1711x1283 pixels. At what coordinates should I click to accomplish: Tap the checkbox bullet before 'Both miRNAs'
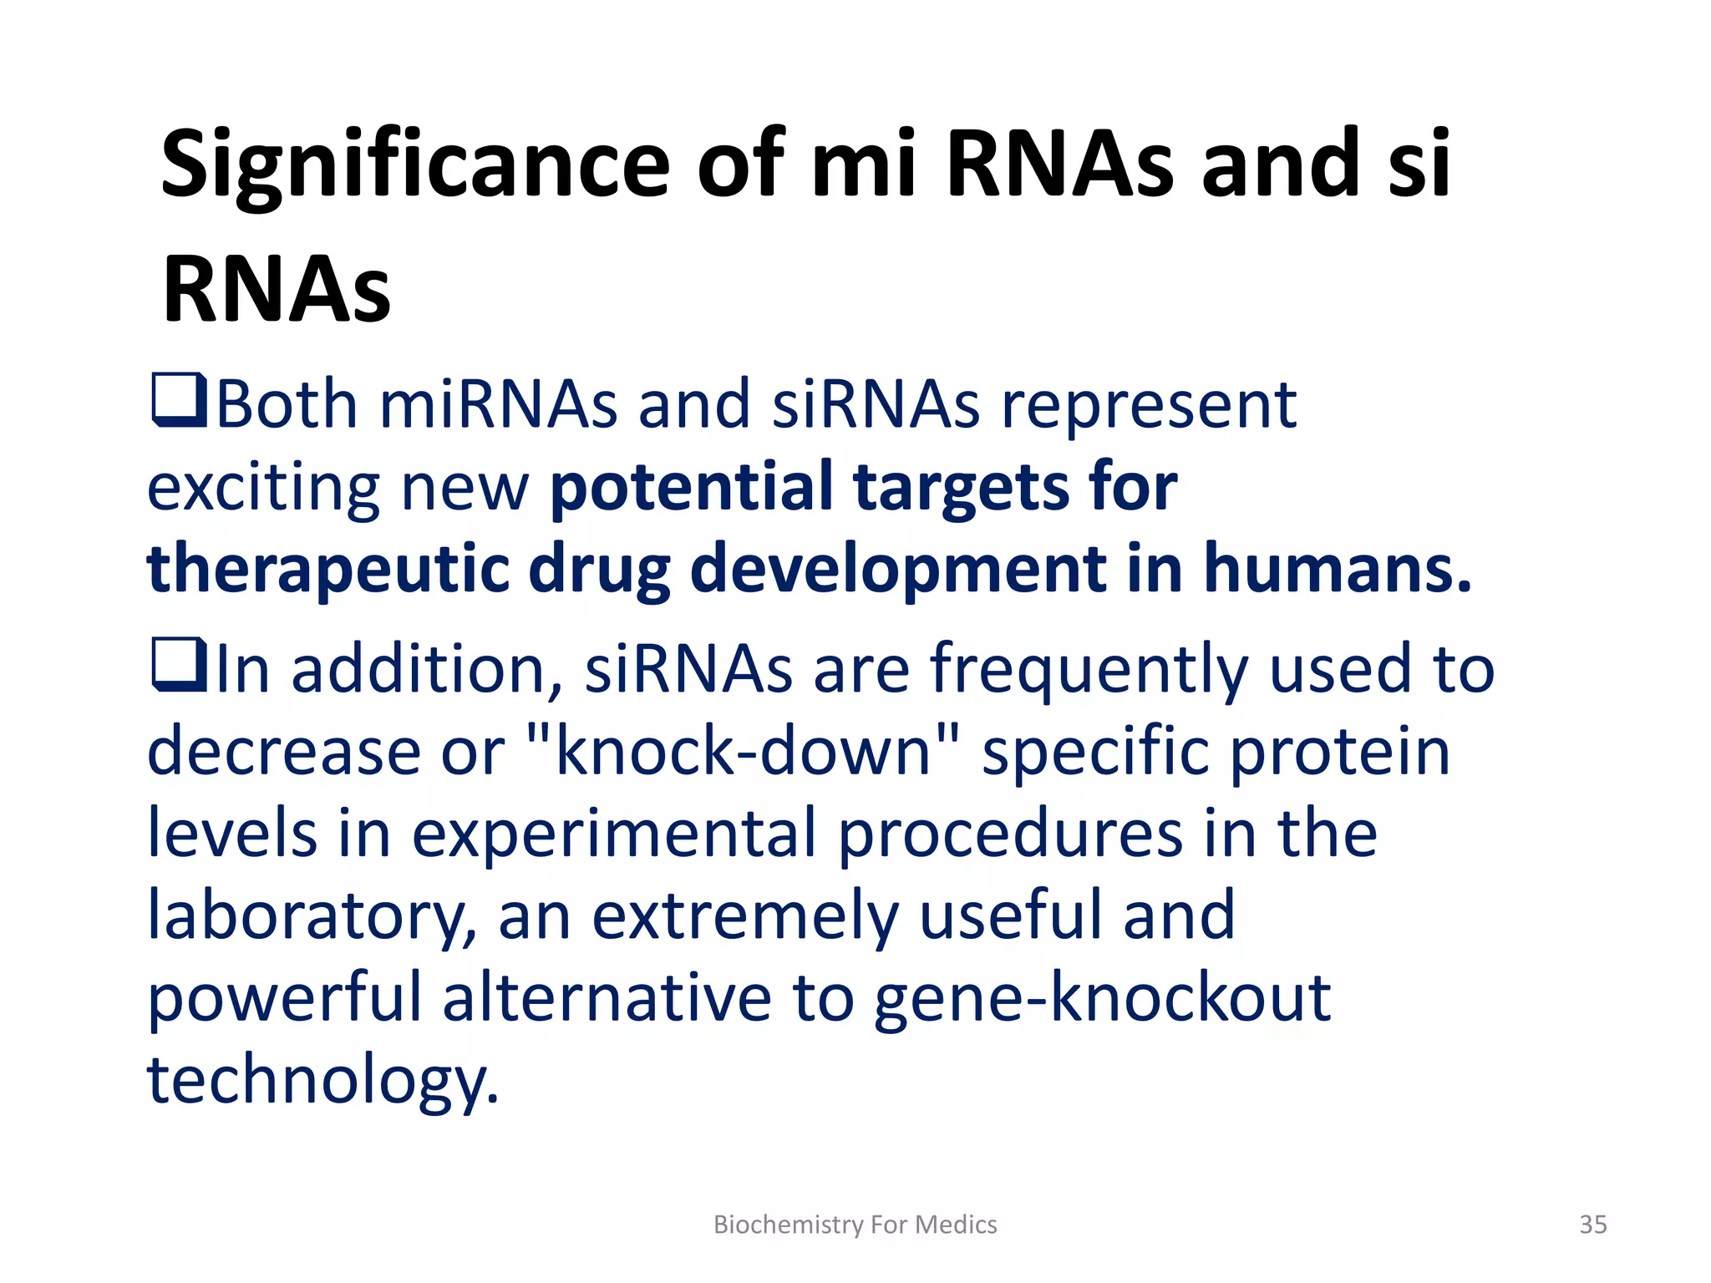[x=179, y=401]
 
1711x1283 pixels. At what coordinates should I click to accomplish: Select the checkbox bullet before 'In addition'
[x=179, y=665]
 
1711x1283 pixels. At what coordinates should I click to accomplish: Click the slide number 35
[x=1592, y=1225]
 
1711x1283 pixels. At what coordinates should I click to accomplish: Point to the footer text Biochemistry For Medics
[x=855, y=1225]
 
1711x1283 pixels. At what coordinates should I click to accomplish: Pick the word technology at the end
[x=322, y=1079]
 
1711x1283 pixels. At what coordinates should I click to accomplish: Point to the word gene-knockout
[x=1102, y=997]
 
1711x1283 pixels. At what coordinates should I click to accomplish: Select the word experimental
[x=614, y=834]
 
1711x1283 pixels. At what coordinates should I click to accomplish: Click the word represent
[x=1149, y=406]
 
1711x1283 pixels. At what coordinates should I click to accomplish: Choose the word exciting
[x=263, y=488]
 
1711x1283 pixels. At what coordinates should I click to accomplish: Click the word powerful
[x=285, y=997]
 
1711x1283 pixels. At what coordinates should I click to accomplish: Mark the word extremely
[x=744, y=915]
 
